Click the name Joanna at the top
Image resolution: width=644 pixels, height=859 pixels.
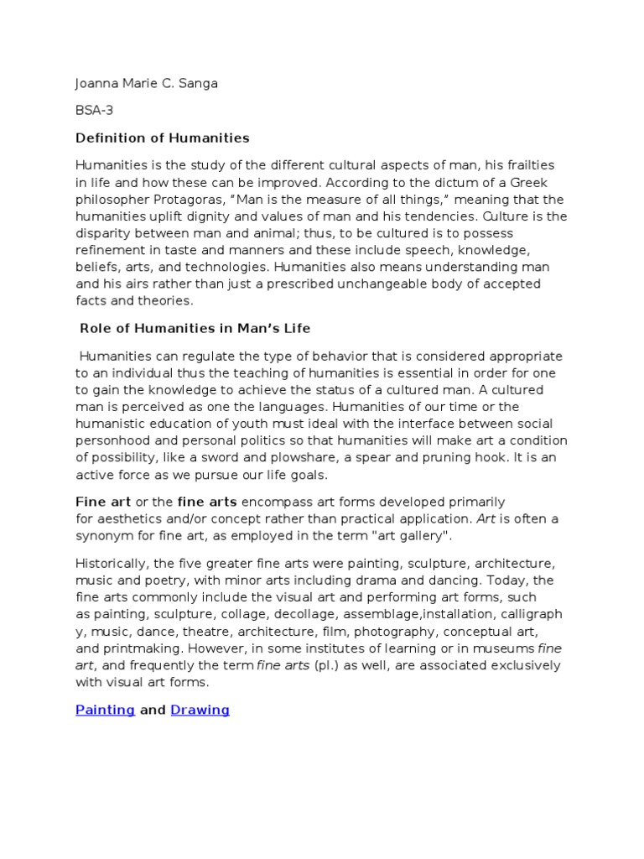[99, 85]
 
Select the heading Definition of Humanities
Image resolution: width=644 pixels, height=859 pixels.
[163, 138]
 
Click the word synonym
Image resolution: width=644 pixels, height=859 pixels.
[106, 536]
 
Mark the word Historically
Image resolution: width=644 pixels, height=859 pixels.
[114, 564]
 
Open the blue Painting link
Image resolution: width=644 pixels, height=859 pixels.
[106, 710]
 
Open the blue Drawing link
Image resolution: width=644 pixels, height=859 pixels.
[200, 710]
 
